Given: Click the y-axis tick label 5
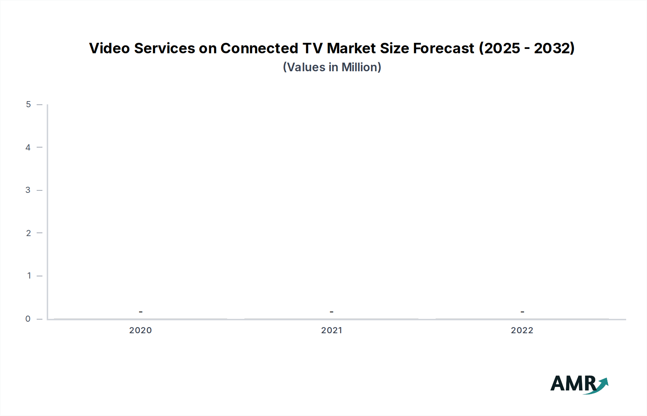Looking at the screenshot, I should point(28,104).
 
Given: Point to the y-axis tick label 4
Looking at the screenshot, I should point(28,147).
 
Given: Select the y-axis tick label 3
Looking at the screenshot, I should point(28,190).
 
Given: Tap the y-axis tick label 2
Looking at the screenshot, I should point(28,233).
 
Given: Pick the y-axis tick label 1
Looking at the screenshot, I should point(29,276).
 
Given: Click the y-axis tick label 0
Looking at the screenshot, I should point(28,318).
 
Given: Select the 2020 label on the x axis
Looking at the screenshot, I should point(141,330).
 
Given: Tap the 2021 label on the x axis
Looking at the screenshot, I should point(331,330).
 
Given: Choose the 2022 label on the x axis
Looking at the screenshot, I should point(522,330).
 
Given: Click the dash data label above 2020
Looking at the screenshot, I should point(141,312).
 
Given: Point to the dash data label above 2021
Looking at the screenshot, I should point(331,312).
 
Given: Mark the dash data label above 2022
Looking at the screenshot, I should point(522,312).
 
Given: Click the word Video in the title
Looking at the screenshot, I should point(109,48).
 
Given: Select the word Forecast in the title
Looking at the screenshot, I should point(444,48).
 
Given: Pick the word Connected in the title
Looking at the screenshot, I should point(259,48).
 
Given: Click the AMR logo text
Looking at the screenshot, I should point(573,384).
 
